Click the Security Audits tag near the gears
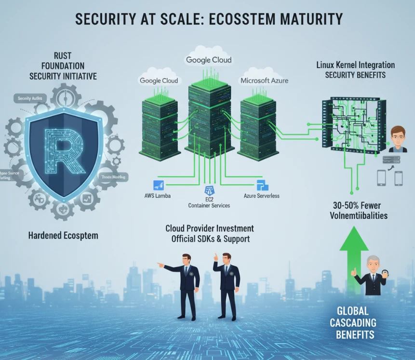click(x=30, y=98)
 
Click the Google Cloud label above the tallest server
click(x=208, y=60)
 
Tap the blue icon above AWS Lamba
click(x=159, y=185)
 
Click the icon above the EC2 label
click(x=209, y=189)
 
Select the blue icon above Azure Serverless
click(x=262, y=185)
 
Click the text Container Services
click(x=209, y=205)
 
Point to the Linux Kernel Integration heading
click(x=355, y=65)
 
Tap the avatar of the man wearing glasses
click(x=398, y=139)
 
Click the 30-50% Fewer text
click(x=355, y=205)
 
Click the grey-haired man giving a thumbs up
click(x=370, y=275)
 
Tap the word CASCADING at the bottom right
click(x=353, y=322)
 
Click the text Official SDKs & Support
click(x=210, y=239)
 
